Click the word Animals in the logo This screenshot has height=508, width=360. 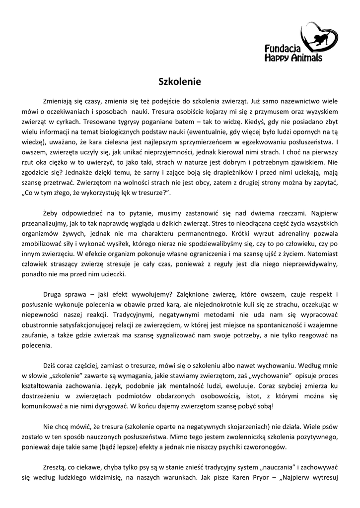click(x=304, y=58)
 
